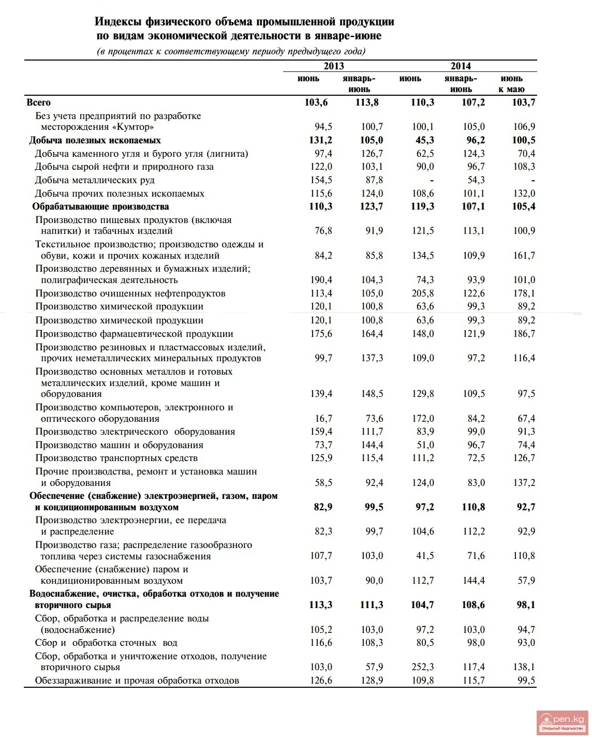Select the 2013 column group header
pos(334,66)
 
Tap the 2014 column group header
pos(461,66)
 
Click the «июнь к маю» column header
pos(511,84)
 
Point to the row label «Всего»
pos(39,102)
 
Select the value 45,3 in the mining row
pos(423,140)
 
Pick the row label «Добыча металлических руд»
pos(95,180)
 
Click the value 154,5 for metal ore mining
pos(321,180)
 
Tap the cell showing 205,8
pos(423,293)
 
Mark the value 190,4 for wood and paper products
pos(321,280)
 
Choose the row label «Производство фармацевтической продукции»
pos(134,334)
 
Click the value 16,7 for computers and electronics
pos(323,419)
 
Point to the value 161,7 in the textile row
pos(524,256)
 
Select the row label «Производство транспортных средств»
pos(116,458)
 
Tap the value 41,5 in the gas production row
pos(425,556)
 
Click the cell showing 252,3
pos(423,667)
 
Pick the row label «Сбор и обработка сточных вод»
pos(106,643)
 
